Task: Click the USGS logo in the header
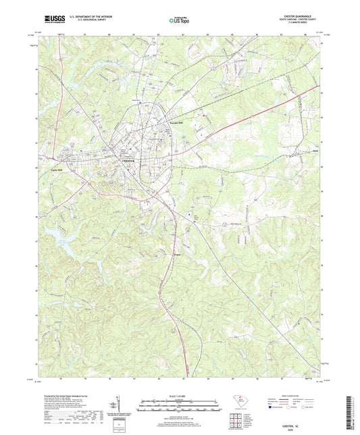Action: pyautogui.click(x=49, y=22)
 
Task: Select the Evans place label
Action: pyautogui.click(x=176, y=254)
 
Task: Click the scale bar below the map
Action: pyautogui.click(x=180, y=407)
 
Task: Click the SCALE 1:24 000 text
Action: pyautogui.click(x=180, y=396)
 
